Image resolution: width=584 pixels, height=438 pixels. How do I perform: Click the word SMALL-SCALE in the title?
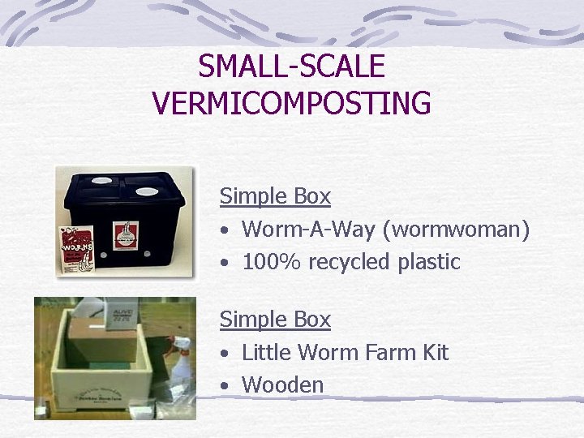pos(291,67)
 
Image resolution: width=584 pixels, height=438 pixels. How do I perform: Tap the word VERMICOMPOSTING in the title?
pos(291,103)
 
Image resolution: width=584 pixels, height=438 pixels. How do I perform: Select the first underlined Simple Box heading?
pos(275,195)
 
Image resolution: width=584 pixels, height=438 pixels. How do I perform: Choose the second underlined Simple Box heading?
pos(275,320)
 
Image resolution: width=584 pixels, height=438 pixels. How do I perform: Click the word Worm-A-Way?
pos(313,230)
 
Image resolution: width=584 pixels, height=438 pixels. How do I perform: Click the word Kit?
pos(433,352)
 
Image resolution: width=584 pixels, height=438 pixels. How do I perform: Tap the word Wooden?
pos(282,384)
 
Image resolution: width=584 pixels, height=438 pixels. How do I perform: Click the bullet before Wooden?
pos(224,385)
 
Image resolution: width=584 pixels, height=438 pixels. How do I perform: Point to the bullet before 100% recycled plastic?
pos(224,263)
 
